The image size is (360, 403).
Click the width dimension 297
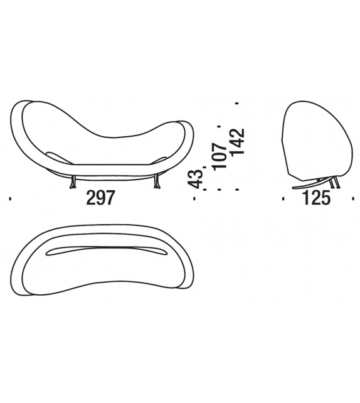coord(100,198)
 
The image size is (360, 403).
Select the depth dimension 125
coord(317,198)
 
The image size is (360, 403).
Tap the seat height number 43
coord(195,179)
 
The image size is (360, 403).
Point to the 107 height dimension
coord(219,156)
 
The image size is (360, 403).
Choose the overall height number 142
coord(236,141)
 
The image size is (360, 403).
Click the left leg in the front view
coord(73,182)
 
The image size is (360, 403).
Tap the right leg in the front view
coord(156,182)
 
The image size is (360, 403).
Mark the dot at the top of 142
coord(236,104)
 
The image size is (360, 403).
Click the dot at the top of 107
coord(219,126)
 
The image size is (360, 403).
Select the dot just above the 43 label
coord(204,167)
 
